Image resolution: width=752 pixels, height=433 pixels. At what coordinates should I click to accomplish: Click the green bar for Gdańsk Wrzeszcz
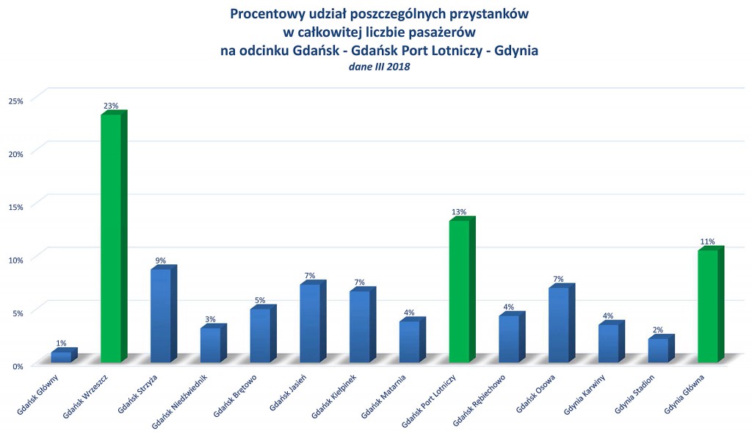click(112, 239)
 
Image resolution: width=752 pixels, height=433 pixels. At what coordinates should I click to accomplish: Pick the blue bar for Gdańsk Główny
click(62, 357)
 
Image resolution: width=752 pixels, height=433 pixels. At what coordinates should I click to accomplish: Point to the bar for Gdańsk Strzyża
click(161, 316)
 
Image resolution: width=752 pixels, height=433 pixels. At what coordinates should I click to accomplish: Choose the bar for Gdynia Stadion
click(658, 350)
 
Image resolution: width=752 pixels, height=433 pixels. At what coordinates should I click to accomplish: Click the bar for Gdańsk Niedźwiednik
click(211, 344)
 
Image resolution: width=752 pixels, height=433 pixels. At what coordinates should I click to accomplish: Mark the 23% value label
click(111, 106)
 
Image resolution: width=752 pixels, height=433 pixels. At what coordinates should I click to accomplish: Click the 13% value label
click(459, 212)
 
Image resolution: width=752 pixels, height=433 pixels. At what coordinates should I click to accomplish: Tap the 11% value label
click(708, 241)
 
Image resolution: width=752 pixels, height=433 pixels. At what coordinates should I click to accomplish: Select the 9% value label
click(161, 261)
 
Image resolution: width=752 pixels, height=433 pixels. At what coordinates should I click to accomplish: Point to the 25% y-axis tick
click(16, 100)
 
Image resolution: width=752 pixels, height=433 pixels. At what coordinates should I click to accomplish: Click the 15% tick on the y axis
click(16, 206)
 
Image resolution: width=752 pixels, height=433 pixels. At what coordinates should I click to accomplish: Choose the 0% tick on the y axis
click(18, 365)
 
